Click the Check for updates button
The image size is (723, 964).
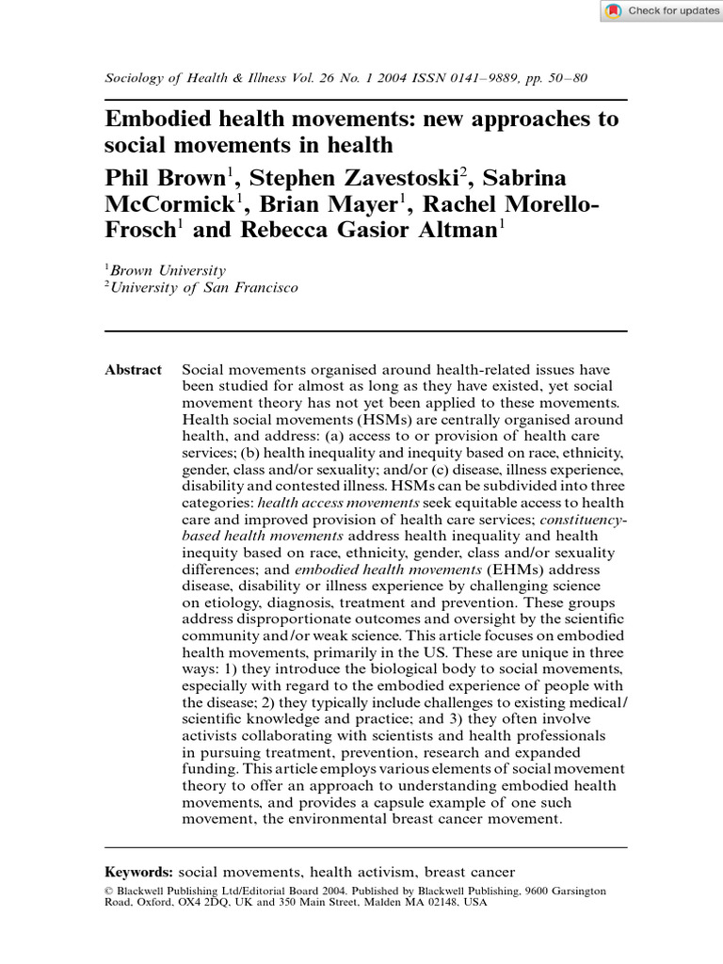pyautogui.click(x=662, y=11)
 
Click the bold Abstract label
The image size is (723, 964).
pyautogui.click(x=133, y=370)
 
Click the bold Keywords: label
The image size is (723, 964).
pyautogui.click(x=138, y=872)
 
